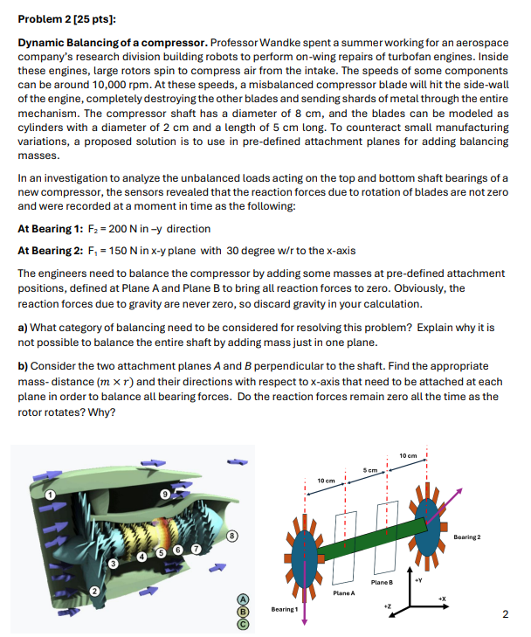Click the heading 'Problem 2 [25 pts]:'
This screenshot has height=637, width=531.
[66, 18]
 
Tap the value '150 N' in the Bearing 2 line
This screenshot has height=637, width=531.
[116, 249]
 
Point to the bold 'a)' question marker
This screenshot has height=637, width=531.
[23, 328]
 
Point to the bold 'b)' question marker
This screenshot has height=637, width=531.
[24, 366]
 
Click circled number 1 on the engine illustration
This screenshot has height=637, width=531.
[51, 495]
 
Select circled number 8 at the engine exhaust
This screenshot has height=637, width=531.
[231, 534]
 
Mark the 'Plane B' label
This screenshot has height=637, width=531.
[382, 582]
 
